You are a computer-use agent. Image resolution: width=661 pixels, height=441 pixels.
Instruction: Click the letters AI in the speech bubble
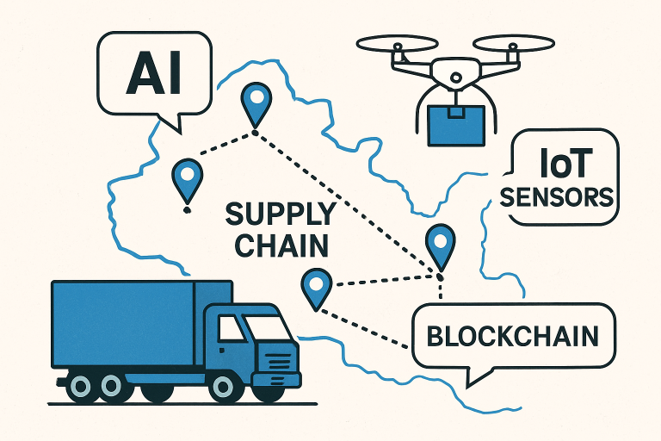pyautogui.click(x=153, y=76)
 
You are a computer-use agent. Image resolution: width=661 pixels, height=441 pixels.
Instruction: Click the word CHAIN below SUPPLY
pyautogui.click(x=281, y=245)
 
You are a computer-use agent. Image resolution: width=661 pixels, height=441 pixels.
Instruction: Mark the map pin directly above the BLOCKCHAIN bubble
pyautogui.click(x=440, y=244)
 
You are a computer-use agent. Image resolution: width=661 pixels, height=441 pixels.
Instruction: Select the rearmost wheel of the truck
pyautogui.click(x=82, y=385)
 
